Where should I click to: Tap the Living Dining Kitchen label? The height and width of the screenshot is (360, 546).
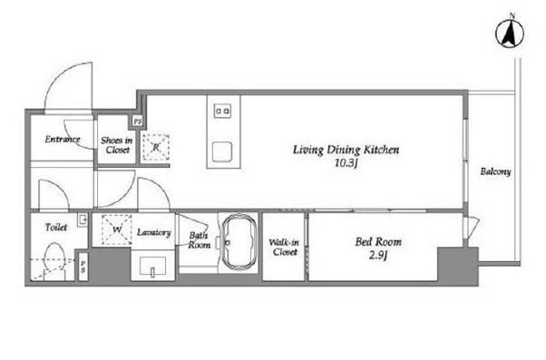tap(346, 150)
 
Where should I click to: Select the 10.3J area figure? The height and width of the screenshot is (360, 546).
tap(346, 163)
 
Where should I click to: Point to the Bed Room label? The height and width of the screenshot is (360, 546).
tap(378, 241)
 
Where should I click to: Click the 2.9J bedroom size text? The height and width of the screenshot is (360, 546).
tap(378, 256)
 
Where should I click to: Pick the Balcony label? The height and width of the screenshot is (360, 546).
tap(495, 171)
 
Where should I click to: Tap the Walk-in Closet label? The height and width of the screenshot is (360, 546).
tap(284, 247)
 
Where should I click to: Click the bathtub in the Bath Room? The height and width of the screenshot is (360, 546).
tap(239, 242)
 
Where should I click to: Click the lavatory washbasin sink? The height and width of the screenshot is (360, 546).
tap(152, 267)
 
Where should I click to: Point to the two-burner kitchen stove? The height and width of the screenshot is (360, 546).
tap(222, 111)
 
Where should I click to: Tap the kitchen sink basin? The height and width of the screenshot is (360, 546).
tap(222, 152)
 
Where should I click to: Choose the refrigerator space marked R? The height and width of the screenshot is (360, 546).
tap(156, 147)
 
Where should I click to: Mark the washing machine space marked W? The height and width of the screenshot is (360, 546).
tap(117, 229)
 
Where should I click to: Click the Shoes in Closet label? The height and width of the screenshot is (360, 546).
tap(117, 145)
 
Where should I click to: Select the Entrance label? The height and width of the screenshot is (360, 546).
tap(63, 140)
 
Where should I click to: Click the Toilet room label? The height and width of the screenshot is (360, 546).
tap(56, 228)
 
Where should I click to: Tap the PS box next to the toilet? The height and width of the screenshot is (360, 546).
tap(83, 267)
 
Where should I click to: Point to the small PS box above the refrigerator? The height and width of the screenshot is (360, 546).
tap(138, 122)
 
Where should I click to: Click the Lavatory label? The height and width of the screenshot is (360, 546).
tap(154, 232)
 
